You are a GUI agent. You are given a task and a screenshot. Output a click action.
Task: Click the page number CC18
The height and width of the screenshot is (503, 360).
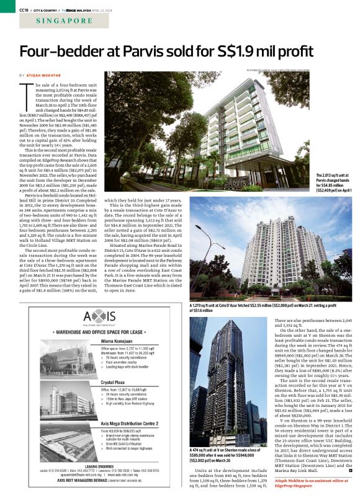point(25,9)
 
